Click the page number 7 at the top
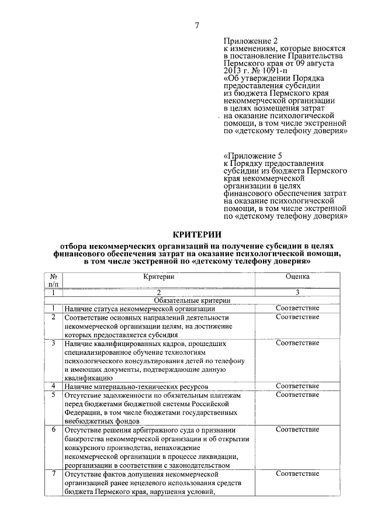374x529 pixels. pos(197,25)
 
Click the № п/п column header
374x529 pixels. pos(53,280)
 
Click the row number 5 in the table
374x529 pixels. pos(53,395)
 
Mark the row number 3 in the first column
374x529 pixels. pos(53,343)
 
